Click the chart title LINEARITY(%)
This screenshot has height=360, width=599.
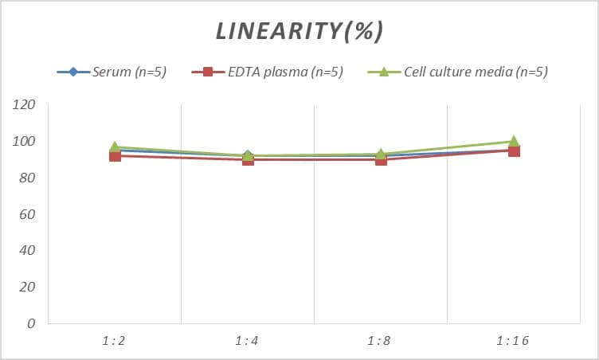(299, 31)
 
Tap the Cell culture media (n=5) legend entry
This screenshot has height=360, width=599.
(458, 72)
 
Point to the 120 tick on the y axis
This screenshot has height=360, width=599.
(25, 105)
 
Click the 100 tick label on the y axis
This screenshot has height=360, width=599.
(25, 142)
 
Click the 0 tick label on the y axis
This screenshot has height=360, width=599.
(31, 323)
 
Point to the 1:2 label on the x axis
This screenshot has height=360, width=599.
(115, 341)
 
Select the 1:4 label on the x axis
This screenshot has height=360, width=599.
(248, 341)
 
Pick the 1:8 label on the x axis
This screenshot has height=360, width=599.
(381, 341)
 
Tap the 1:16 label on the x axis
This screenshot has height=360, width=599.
(514, 341)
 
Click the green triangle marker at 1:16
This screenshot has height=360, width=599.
(514, 141)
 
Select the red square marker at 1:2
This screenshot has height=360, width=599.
(115, 156)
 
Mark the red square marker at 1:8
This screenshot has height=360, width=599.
(381, 159)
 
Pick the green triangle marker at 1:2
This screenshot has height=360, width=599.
(115, 147)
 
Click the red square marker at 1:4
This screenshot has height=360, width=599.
(248, 159)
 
